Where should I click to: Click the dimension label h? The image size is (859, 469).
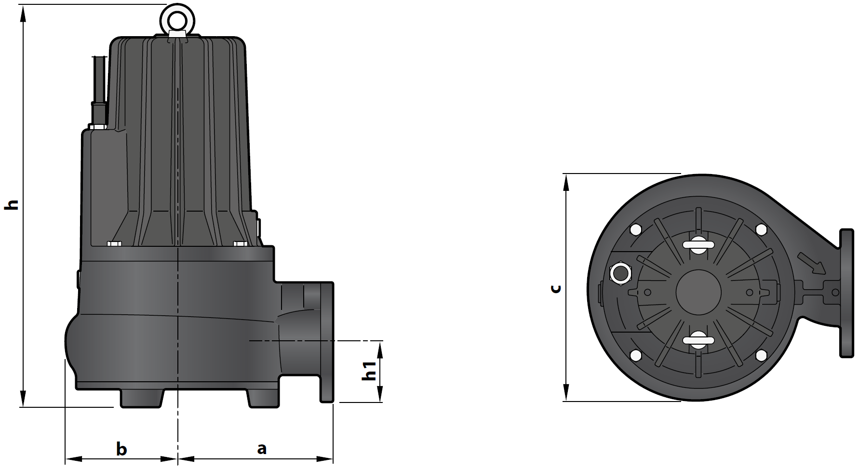[x=12, y=204]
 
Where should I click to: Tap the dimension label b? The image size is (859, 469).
[x=121, y=449]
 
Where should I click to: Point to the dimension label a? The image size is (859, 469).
[x=261, y=449]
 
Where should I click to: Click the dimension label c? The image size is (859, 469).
[x=556, y=288]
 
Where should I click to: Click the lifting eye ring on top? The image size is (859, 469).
[x=176, y=18]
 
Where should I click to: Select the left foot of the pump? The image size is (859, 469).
[x=142, y=399]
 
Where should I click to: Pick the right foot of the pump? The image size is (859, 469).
[x=263, y=399]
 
